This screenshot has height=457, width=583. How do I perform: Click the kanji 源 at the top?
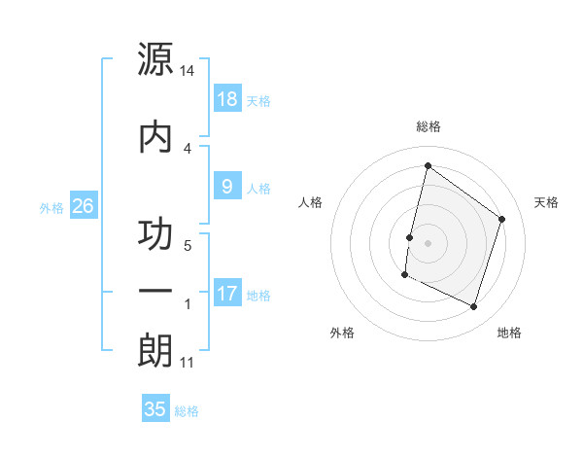pos(155,60)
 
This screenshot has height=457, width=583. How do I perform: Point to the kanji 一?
pos(155,292)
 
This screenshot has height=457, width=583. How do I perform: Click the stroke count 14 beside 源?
pos(188,72)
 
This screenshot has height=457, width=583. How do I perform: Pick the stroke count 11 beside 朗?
pos(188,363)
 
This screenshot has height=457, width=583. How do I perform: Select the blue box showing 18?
pos(227,99)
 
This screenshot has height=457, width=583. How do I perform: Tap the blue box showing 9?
pos(227,188)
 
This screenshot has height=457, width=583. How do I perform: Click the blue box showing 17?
pos(227,294)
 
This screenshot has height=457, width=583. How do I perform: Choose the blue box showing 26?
pos(84,206)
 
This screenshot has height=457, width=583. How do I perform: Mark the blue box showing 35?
pos(155,409)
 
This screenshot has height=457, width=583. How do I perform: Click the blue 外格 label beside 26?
pos(51,207)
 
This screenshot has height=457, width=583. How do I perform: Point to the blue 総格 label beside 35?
pos(187,411)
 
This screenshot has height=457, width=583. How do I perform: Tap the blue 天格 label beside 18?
pos(258,101)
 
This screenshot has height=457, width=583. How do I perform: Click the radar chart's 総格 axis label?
pos(428,126)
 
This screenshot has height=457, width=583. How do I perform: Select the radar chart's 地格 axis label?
pos(509,334)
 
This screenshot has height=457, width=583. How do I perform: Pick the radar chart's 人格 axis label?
pos(310,202)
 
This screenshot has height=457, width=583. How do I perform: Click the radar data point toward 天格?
pos(502,219)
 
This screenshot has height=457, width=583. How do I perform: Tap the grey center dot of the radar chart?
pos(428,242)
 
